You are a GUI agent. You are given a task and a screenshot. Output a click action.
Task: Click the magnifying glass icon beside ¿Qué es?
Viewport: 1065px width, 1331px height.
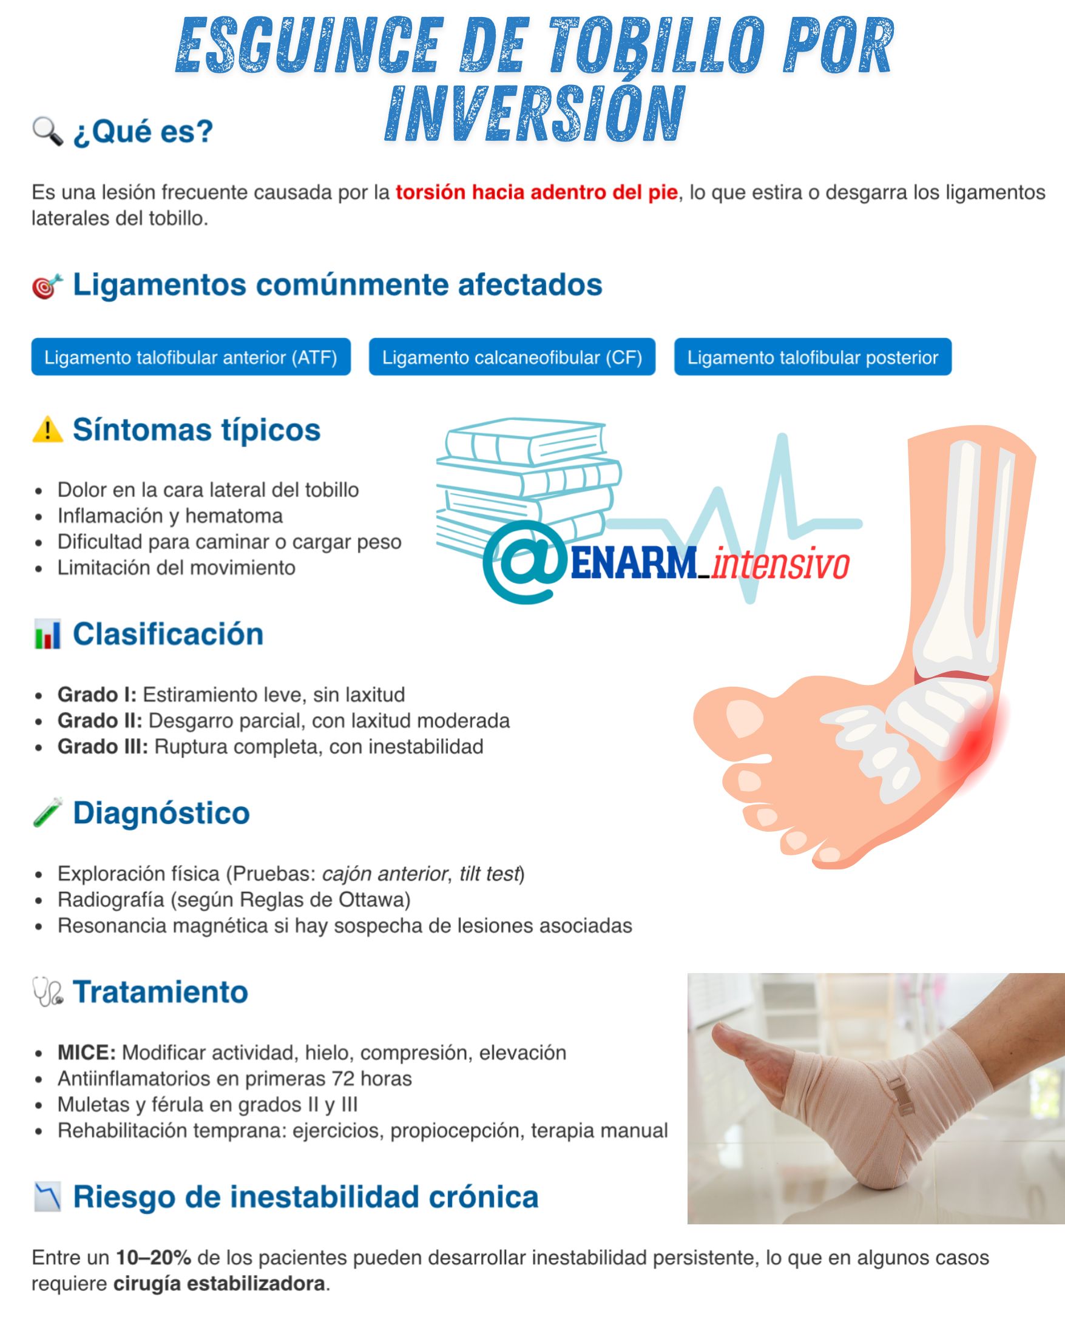pyautogui.click(x=47, y=132)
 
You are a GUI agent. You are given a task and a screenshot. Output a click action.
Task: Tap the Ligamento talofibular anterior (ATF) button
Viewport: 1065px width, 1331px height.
pyautogui.click(x=191, y=357)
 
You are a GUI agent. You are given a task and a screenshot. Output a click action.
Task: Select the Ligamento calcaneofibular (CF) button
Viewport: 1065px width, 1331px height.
pyautogui.click(x=512, y=357)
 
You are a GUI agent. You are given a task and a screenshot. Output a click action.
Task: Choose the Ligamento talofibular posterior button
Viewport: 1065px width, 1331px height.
pyautogui.click(x=813, y=357)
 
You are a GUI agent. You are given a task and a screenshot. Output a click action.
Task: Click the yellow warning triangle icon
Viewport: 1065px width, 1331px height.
pyautogui.click(x=47, y=430)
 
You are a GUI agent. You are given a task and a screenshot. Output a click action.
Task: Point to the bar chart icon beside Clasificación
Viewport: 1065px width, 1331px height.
pyautogui.click(x=47, y=635)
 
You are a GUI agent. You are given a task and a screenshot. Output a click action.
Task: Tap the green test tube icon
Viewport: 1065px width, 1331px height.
pyautogui.click(x=47, y=812)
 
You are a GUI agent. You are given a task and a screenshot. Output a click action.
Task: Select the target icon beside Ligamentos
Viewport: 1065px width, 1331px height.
pyautogui.click(x=47, y=286)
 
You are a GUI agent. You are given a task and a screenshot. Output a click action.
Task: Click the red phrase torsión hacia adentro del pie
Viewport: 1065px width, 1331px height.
pyautogui.click(x=536, y=192)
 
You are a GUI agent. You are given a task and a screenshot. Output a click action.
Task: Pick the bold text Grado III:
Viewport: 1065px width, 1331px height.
pyautogui.click(x=103, y=746)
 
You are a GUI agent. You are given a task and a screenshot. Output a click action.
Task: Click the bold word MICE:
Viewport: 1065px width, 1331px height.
pyautogui.click(x=86, y=1053)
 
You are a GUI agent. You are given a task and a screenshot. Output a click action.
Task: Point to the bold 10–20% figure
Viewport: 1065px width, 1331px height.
pyautogui.click(x=153, y=1258)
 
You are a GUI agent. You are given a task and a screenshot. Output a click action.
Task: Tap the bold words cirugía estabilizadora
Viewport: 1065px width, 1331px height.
pyautogui.click(x=219, y=1284)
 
